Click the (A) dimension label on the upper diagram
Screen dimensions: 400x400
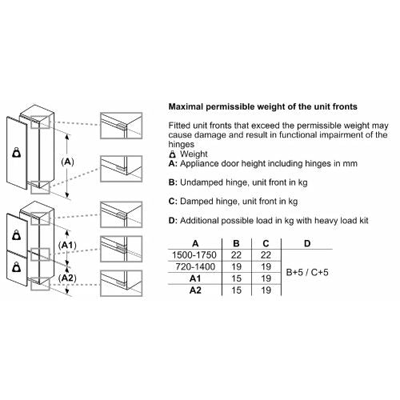(67, 162)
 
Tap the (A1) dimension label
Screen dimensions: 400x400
(67, 245)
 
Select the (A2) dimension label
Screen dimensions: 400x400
(67, 278)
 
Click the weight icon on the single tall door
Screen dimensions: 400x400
(17, 153)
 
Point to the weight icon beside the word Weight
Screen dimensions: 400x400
(173, 154)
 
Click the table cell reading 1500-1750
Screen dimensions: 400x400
(194, 255)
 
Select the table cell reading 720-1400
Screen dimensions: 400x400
(195, 266)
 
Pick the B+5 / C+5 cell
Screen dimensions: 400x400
(307, 272)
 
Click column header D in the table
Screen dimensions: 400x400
(307, 243)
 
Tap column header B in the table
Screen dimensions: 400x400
(236, 243)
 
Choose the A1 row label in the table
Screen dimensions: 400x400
(195, 278)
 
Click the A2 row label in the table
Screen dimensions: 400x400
(195, 290)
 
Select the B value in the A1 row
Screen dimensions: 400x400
(236, 278)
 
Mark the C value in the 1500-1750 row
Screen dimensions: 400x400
(266, 255)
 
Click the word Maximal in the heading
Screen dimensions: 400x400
(186, 106)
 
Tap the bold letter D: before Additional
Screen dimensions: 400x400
(173, 221)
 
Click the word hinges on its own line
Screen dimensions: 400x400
(182, 145)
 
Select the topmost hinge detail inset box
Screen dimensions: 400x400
(122, 126)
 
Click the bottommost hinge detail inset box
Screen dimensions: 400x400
(122, 283)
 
